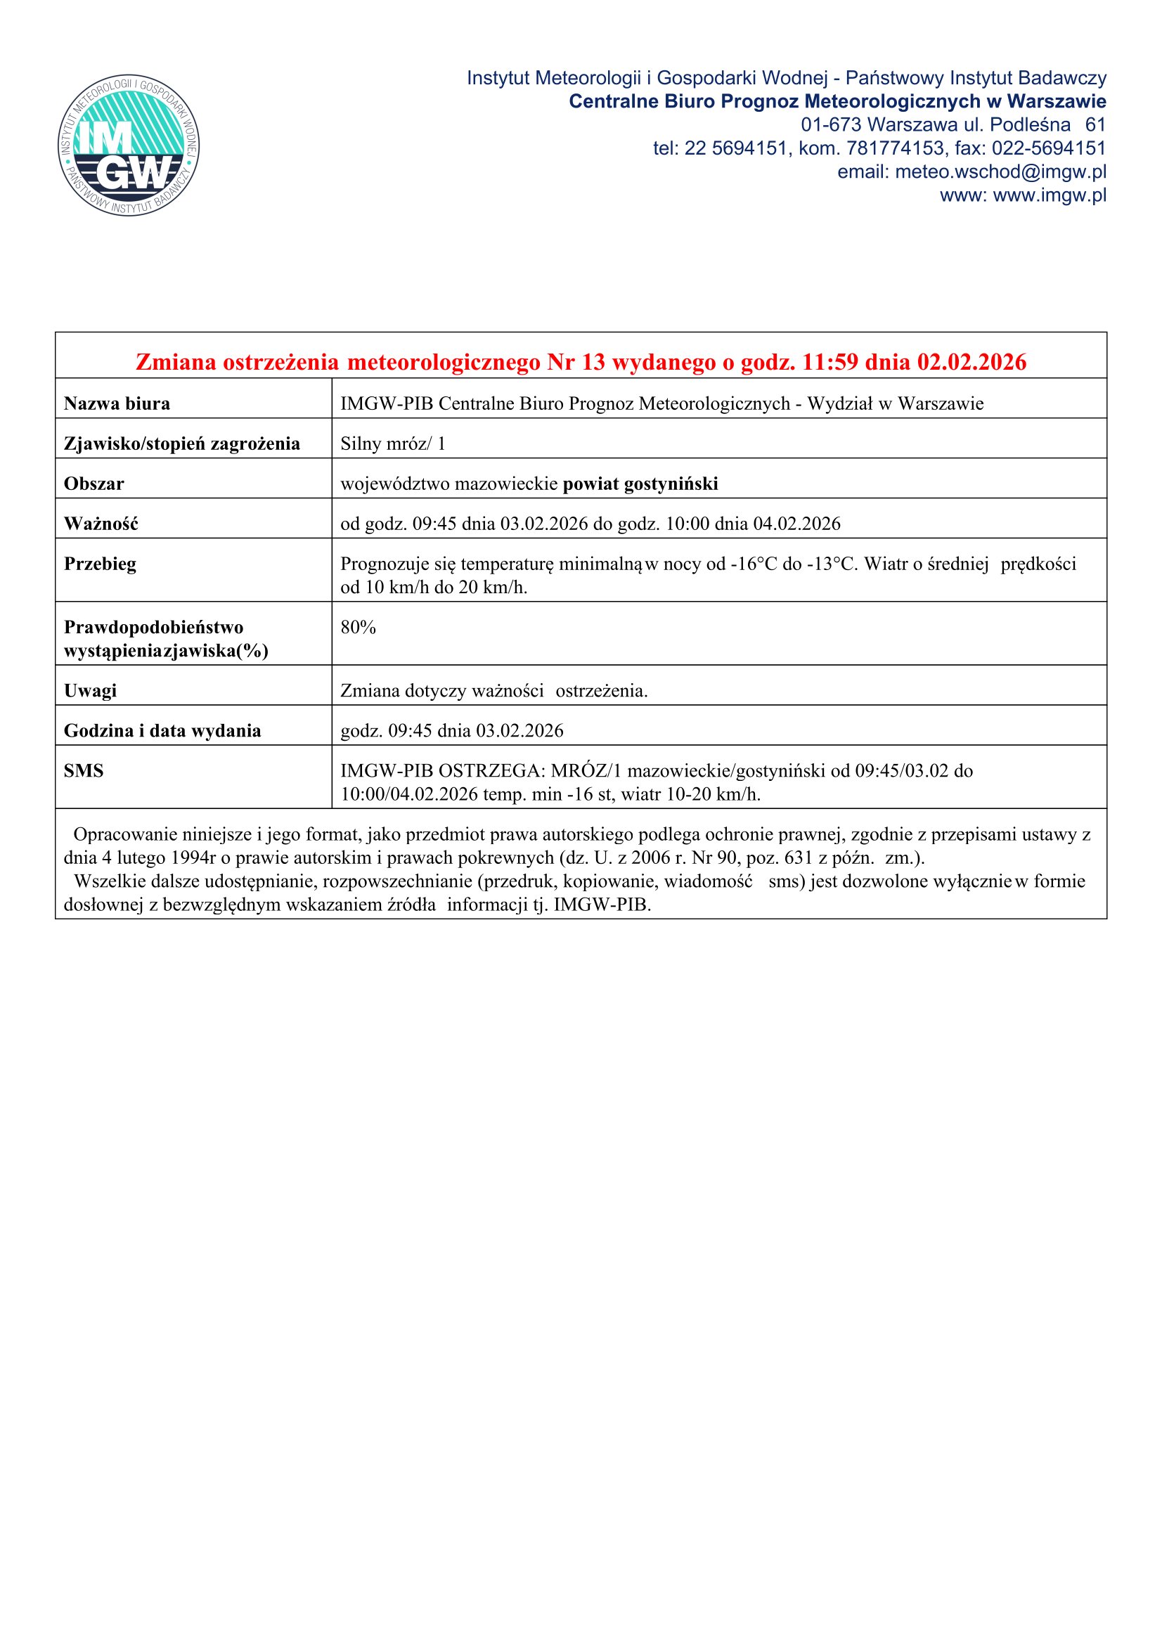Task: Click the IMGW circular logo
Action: click(129, 146)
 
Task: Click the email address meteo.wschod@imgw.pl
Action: click(1000, 171)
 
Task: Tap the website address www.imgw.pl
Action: click(1049, 195)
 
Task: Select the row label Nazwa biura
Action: click(117, 404)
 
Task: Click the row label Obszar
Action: click(93, 484)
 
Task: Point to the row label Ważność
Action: click(101, 524)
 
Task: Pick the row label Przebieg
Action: click(100, 564)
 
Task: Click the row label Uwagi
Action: click(90, 691)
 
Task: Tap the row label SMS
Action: click(84, 771)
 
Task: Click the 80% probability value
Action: click(358, 628)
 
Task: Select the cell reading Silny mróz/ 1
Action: click(392, 444)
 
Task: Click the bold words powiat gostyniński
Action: click(640, 484)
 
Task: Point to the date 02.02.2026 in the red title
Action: click(971, 362)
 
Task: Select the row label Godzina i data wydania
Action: click(162, 731)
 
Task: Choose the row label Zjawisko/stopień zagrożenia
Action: click(182, 444)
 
